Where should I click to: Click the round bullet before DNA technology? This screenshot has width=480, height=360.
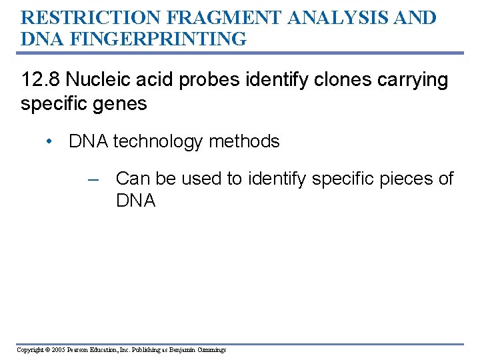[x=49, y=142]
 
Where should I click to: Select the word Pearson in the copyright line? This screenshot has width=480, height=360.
[x=80, y=350]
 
